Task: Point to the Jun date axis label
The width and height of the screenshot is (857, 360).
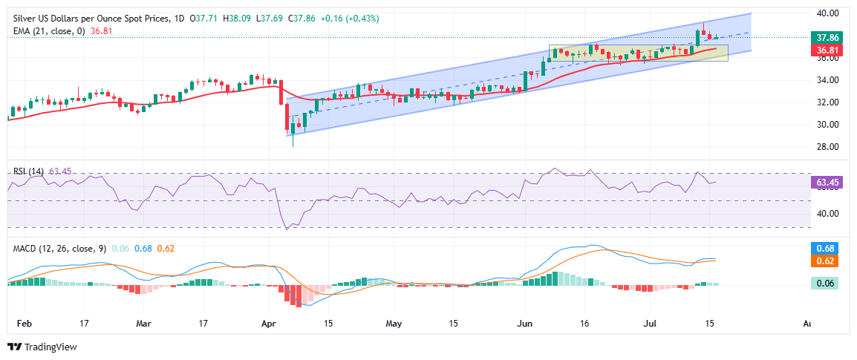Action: coord(525,324)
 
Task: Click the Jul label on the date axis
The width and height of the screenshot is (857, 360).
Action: coord(650,324)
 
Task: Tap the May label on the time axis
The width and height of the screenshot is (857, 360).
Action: coord(395,324)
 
